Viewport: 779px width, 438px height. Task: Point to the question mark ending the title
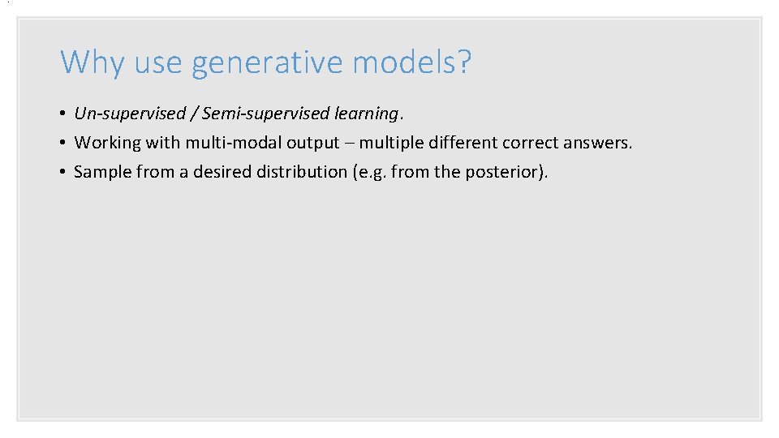(x=463, y=62)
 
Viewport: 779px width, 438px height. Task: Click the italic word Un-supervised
(x=130, y=114)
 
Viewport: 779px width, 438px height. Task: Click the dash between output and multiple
(x=349, y=144)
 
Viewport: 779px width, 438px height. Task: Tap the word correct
(x=530, y=143)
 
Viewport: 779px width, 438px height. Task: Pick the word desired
(x=222, y=172)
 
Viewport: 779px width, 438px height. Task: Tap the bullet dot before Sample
(x=63, y=172)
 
